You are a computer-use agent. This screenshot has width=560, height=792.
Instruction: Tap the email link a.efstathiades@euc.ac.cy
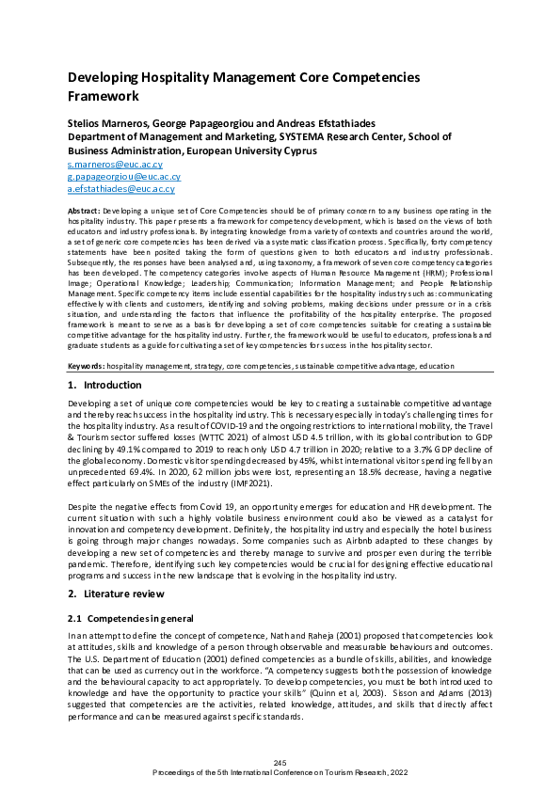point(122,188)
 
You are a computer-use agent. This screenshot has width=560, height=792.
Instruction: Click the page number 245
point(280,762)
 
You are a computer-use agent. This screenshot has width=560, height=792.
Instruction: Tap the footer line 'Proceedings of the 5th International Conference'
point(280,771)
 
